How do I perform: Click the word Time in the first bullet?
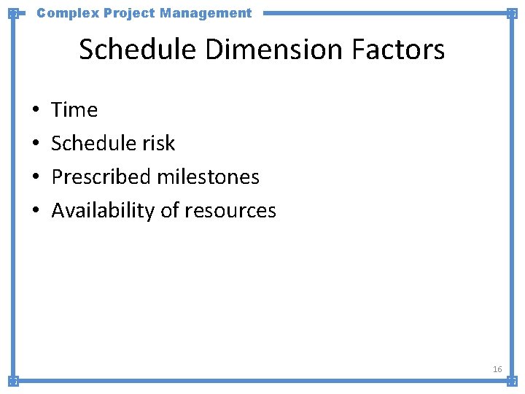pos(74,110)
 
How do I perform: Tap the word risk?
pos(160,144)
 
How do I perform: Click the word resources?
pos(230,211)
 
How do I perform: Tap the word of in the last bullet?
pos(169,211)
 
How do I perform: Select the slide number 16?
pos(497,369)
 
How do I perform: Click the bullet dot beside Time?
pos(36,111)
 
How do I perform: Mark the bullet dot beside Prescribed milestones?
pos(36,178)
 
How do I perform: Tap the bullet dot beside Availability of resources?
pos(36,212)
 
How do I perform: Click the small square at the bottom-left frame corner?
pos(13,380)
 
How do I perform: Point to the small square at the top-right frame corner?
pos(512,13)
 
